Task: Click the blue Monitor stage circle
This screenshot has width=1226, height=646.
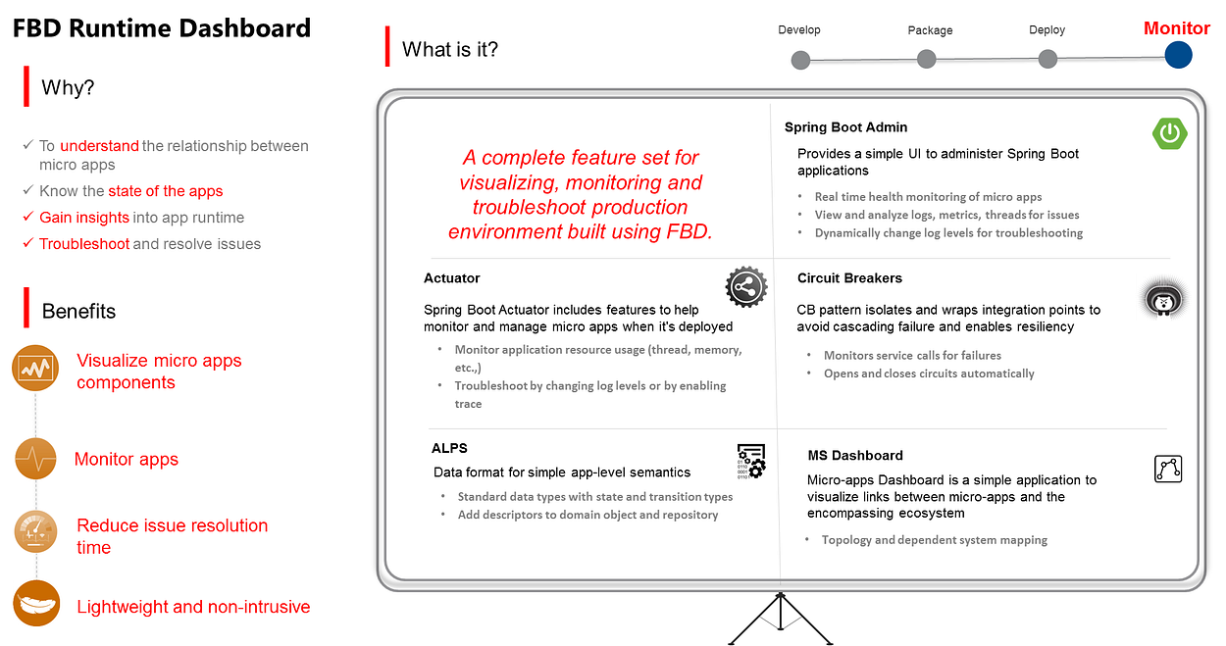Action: pyautogui.click(x=1178, y=55)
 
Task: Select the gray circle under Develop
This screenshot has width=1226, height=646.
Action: pyautogui.click(x=800, y=60)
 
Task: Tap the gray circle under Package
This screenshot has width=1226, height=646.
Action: pyautogui.click(x=926, y=59)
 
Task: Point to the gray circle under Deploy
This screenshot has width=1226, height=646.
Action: pyautogui.click(x=1047, y=59)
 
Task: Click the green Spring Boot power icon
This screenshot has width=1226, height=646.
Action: pyautogui.click(x=1170, y=133)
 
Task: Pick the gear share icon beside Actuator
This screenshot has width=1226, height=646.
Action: pyautogui.click(x=746, y=286)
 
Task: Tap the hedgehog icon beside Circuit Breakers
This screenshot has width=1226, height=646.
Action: pyautogui.click(x=1163, y=299)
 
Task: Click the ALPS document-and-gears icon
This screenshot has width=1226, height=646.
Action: pyautogui.click(x=751, y=462)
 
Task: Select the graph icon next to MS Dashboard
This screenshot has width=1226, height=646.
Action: pyautogui.click(x=1167, y=469)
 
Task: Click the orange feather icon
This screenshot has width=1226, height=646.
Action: pyautogui.click(x=36, y=603)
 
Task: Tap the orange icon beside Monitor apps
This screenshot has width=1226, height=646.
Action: pyautogui.click(x=35, y=459)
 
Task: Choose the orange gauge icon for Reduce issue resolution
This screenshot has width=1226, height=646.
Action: pyautogui.click(x=35, y=531)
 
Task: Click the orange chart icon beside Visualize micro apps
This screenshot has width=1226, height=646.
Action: pyautogui.click(x=35, y=368)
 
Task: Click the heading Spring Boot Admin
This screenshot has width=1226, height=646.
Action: pyautogui.click(x=845, y=127)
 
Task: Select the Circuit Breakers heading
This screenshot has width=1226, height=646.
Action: pyautogui.click(x=849, y=277)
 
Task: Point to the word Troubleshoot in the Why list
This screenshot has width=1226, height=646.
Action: pyautogui.click(x=84, y=244)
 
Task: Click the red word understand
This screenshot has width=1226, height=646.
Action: pyautogui.click(x=99, y=146)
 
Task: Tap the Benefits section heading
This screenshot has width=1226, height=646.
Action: pyautogui.click(x=78, y=312)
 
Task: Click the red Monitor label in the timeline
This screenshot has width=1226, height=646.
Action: pyautogui.click(x=1177, y=27)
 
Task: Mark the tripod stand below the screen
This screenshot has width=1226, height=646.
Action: pyautogui.click(x=781, y=619)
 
